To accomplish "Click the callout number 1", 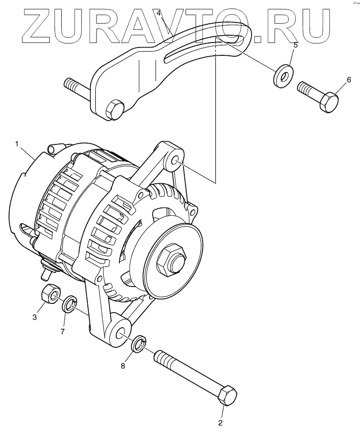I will coord(16,144).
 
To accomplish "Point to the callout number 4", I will coord(159,13).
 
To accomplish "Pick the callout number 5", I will coord(295,45).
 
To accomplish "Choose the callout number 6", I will coord(349,80).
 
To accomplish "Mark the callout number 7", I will coord(63,330).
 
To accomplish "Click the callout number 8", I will coord(123,366).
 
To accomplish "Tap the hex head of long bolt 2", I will coord(227,396).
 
